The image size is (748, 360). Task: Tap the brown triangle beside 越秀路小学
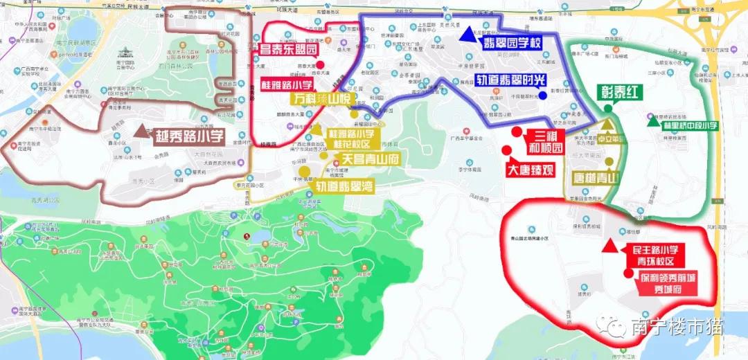pyautogui.click(x=142, y=131)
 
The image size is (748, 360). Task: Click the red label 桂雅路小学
pyautogui.click(x=287, y=84)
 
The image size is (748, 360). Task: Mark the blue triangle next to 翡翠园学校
pyautogui.click(x=470, y=32)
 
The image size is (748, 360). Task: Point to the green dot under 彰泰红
pyautogui.click(x=607, y=107)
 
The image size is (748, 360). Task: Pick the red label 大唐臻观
pyautogui.click(x=530, y=169)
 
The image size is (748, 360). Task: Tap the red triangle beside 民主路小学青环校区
pyautogui.click(x=609, y=246)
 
